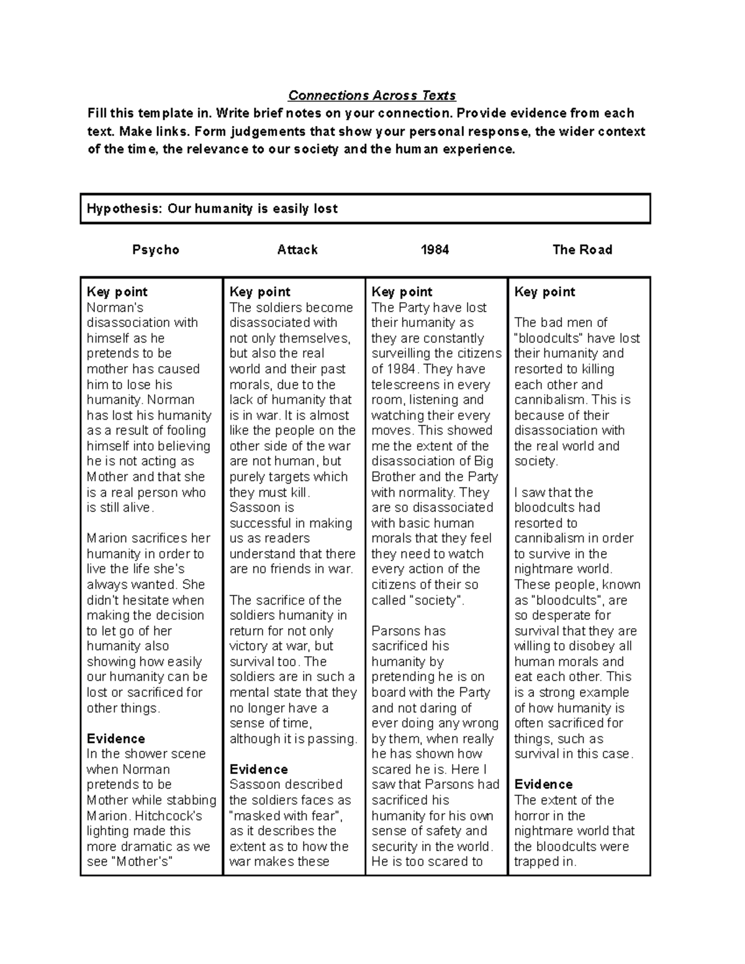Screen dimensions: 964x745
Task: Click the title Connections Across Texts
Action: [372, 96]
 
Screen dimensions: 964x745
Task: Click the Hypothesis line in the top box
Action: [212, 209]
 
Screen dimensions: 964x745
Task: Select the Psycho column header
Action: [155, 250]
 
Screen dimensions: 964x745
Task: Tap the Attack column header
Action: [297, 250]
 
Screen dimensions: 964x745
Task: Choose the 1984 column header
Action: [435, 250]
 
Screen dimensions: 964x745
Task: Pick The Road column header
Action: [582, 250]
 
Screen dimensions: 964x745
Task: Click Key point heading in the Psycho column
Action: [117, 292]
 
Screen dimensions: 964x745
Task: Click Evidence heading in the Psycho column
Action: [115, 739]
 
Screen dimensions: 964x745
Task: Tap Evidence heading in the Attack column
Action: [258, 769]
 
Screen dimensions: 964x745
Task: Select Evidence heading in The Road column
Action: [543, 785]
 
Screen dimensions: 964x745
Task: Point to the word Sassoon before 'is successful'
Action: [255, 508]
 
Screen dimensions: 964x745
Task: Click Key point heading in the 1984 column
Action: [402, 292]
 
